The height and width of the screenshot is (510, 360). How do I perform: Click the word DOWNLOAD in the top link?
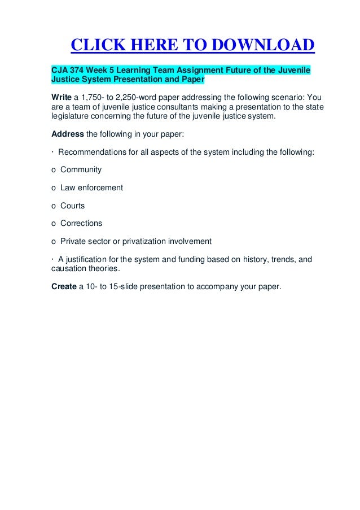pos(259,46)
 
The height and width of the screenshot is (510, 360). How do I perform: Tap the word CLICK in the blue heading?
pos(96,46)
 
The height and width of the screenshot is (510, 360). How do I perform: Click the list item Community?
pos(81,169)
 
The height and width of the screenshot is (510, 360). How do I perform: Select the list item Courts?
pos(73,206)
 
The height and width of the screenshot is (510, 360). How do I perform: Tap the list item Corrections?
pos(81,223)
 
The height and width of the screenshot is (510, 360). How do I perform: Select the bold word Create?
pos(64,286)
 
